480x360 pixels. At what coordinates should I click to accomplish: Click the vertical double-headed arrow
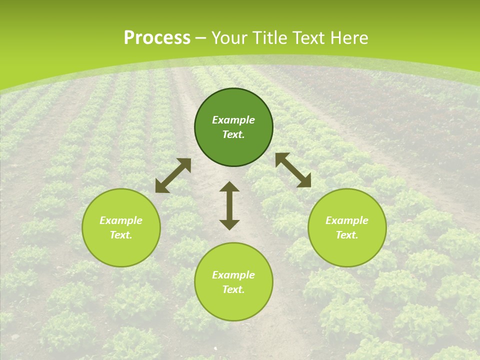click(229, 205)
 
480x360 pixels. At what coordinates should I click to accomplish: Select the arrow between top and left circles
click(173, 175)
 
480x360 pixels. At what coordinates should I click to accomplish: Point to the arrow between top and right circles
click(293, 170)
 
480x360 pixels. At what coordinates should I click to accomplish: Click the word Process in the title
click(157, 38)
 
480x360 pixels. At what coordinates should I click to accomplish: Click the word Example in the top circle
click(233, 120)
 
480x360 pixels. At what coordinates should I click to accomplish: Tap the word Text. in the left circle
click(121, 235)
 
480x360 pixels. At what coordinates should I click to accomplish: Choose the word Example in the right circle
click(347, 220)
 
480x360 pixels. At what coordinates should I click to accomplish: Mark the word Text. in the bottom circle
click(233, 289)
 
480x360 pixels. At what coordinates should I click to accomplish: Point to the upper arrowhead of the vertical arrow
click(229, 187)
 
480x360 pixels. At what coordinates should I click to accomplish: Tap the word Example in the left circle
click(121, 220)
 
